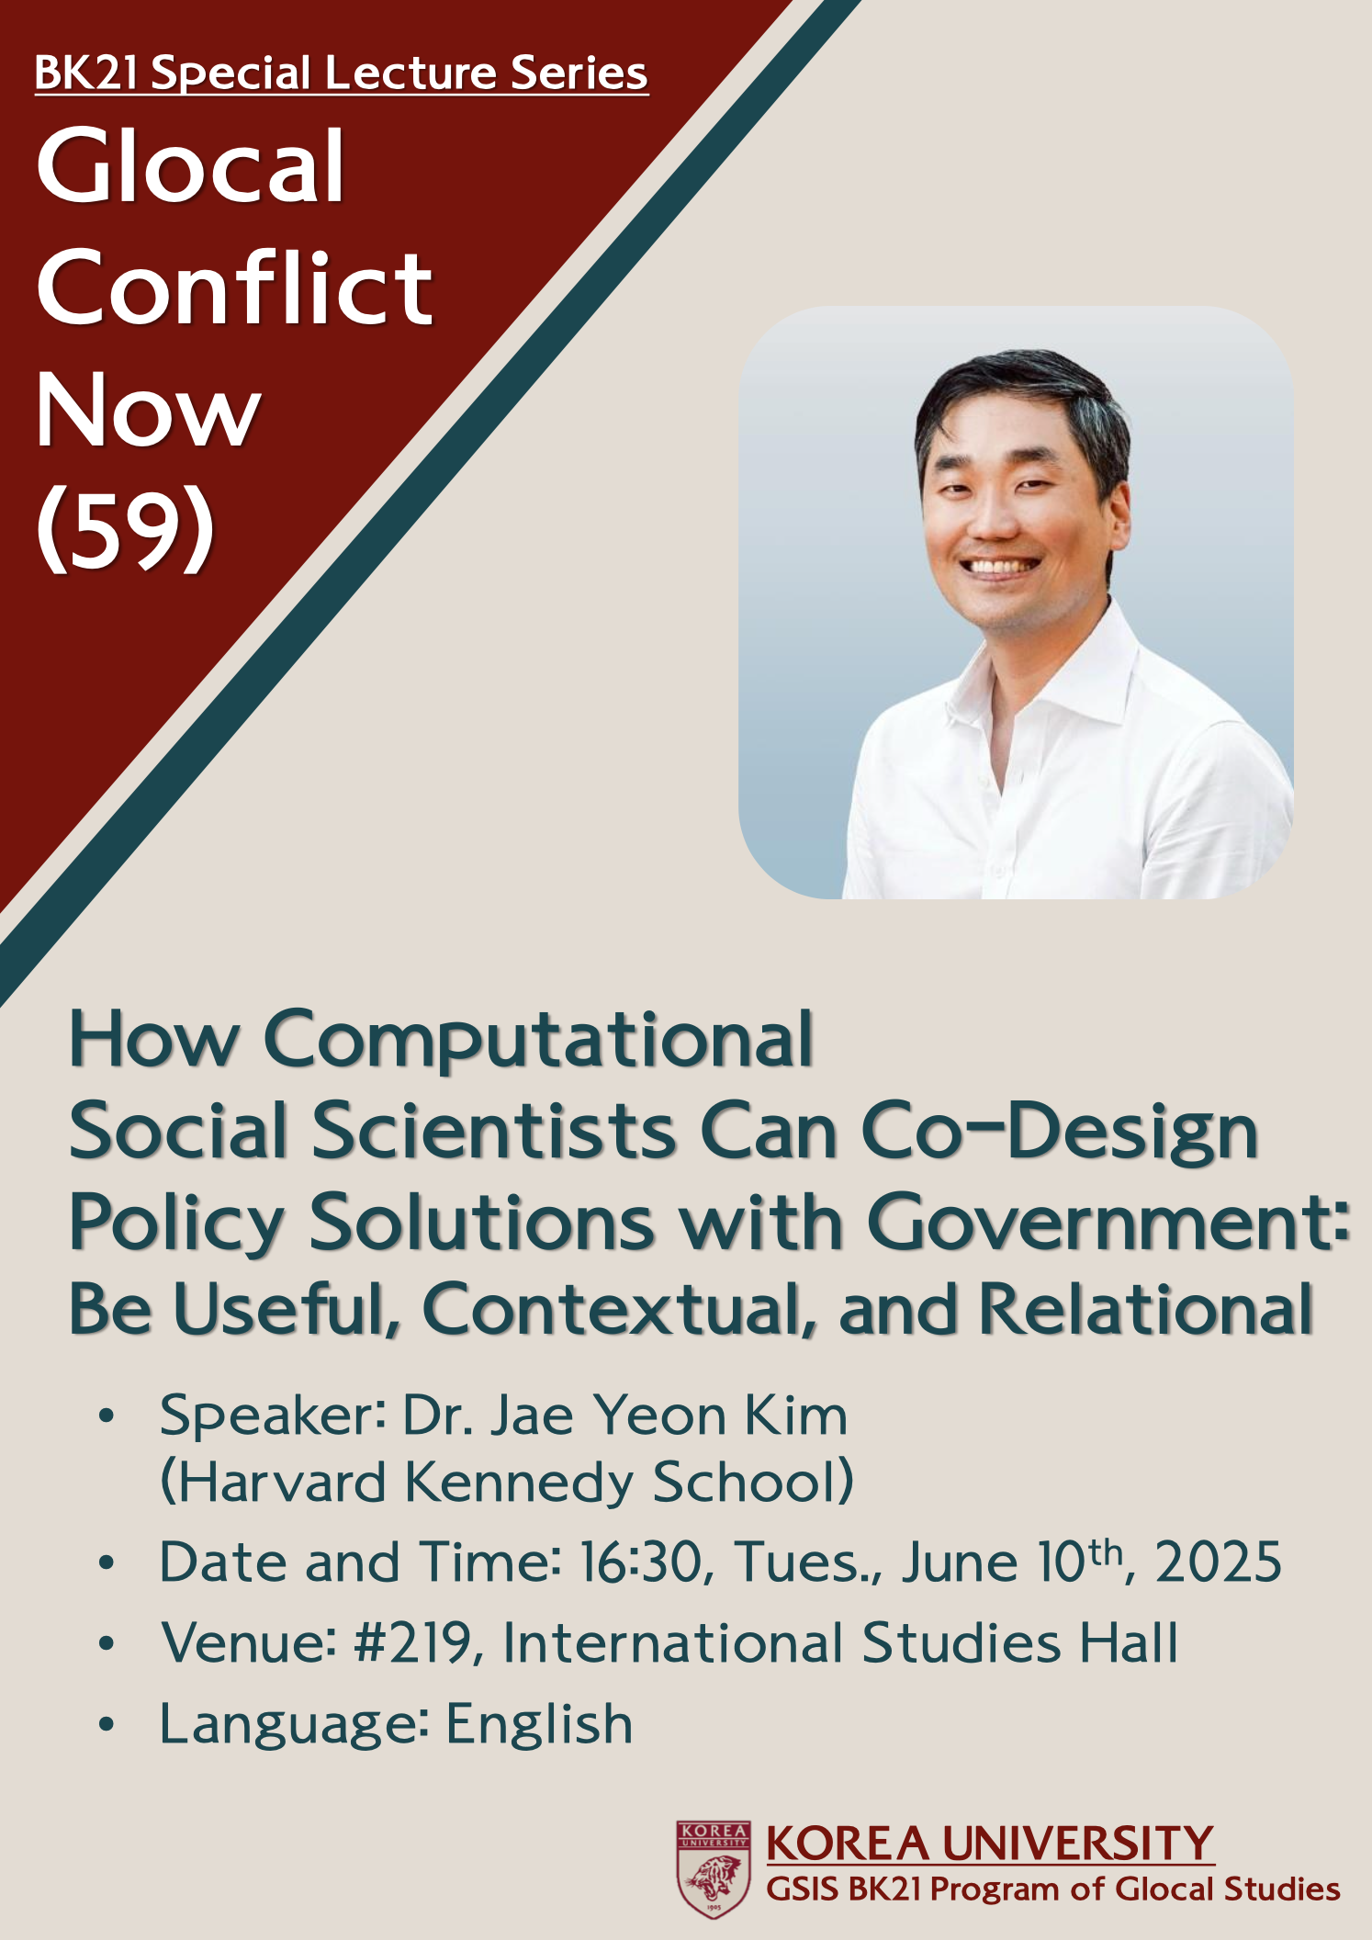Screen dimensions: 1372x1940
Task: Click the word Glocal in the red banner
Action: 190,166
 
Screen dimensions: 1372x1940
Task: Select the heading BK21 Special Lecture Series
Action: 342,73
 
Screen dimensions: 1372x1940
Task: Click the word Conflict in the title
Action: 234,288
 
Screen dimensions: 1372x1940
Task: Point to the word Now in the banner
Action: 149,410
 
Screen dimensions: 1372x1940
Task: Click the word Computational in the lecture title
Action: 539,1040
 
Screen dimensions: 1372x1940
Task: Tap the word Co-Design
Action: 1059,1131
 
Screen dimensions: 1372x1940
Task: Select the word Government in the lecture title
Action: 1109,1222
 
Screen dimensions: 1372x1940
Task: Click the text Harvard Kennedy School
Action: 507,1483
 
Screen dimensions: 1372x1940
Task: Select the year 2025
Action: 1218,1562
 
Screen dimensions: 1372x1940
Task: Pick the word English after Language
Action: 540,1724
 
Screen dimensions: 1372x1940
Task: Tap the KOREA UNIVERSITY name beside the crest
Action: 990,1843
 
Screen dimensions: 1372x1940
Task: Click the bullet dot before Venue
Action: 107,1643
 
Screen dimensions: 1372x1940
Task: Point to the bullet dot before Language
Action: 107,1724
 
